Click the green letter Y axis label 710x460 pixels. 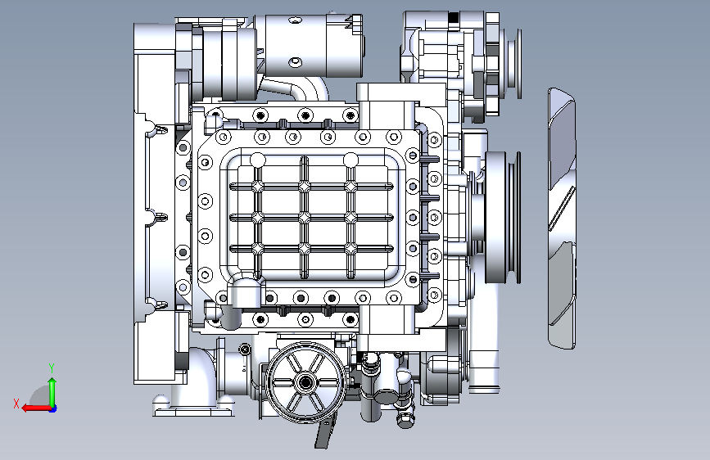coord(52,368)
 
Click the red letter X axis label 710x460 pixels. coord(16,404)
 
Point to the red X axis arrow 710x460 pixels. coord(36,408)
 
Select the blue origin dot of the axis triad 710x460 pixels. coord(53,408)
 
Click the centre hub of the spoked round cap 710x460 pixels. coord(305,382)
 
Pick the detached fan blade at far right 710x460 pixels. coord(562,219)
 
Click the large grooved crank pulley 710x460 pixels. coord(503,218)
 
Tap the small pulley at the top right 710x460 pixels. coord(514,63)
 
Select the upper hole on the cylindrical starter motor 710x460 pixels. coord(296,20)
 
